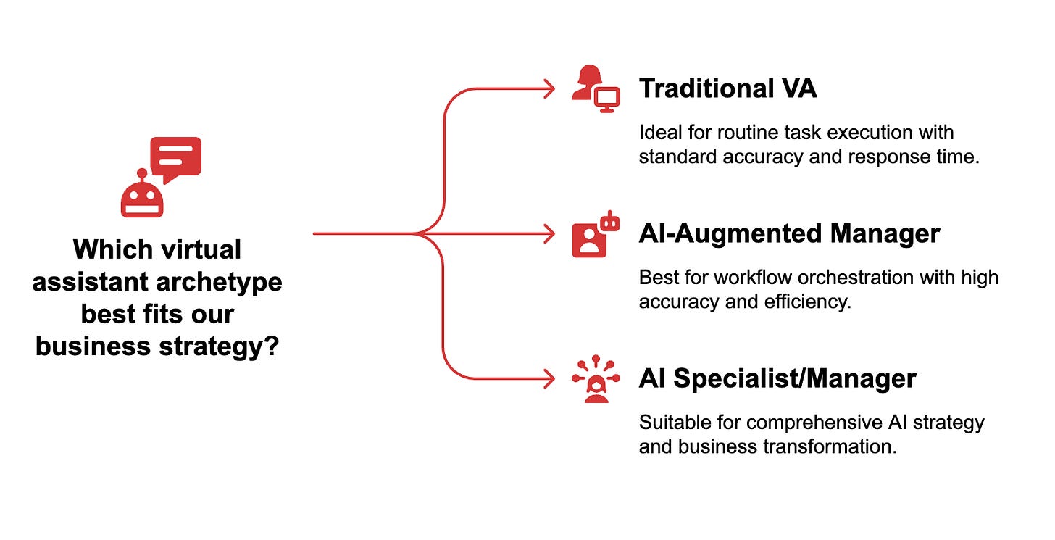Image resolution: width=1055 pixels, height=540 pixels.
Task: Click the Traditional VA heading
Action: (727, 89)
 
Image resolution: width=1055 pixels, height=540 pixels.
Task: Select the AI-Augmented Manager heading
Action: (789, 233)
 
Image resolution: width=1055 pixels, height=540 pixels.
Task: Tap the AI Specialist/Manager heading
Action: (777, 378)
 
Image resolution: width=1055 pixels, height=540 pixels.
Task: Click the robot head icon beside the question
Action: (142, 196)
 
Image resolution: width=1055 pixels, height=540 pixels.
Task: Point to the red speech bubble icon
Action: (175, 158)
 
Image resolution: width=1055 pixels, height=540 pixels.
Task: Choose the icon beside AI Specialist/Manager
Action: (596, 378)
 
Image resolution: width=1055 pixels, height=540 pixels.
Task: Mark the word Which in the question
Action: (107, 250)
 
